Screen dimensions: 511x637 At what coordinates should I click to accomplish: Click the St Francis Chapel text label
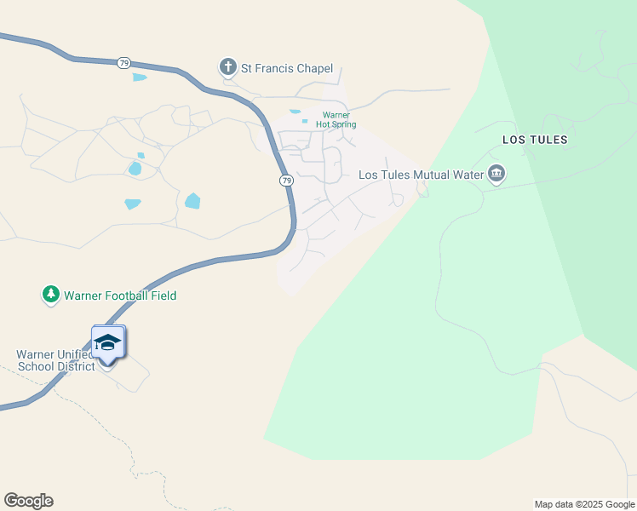point(286,70)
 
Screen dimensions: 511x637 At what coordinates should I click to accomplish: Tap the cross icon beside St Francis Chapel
point(227,67)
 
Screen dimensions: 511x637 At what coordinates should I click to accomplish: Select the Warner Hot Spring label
point(336,120)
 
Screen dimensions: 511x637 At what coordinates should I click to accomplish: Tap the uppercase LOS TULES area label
point(535,140)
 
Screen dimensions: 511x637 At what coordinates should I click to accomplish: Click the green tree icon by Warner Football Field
point(51,295)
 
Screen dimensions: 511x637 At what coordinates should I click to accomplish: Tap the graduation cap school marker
point(108,343)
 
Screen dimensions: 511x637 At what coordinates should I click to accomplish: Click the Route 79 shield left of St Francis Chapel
point(124,63)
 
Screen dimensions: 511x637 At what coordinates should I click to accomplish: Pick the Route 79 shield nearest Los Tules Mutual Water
point(287,181)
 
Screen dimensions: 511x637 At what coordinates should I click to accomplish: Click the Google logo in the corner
point(28,501)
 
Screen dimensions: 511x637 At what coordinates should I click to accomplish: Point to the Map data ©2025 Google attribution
point(584,504)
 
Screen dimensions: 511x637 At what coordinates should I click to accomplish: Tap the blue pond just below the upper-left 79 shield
point(140,78)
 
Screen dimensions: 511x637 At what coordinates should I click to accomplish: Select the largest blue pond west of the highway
point(192,202)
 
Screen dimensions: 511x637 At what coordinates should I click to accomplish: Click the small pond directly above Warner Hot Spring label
point(296,112)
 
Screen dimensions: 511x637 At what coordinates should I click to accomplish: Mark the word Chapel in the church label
point(313,70)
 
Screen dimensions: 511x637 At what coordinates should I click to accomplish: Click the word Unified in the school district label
point(73,354)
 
